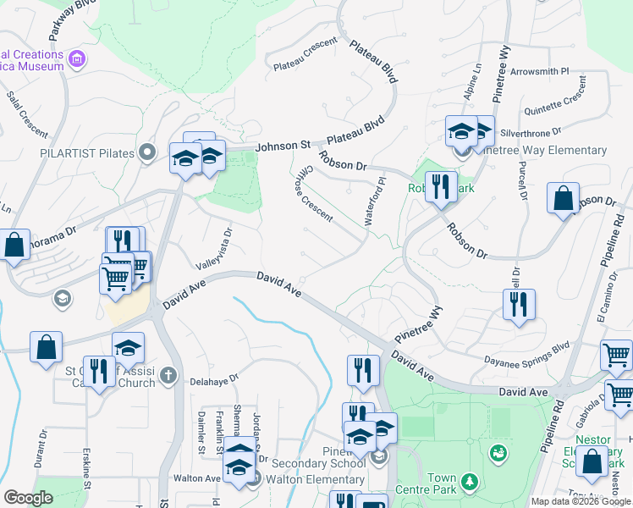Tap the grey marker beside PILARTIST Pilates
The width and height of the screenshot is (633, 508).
click(148, 153)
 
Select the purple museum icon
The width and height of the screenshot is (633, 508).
click(77, 59)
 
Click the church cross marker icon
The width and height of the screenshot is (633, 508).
click(168, 374)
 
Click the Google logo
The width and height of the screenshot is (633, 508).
click(29, 498)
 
